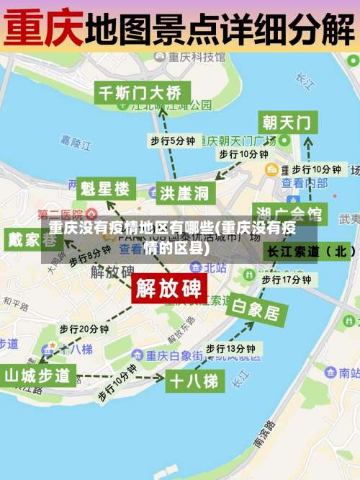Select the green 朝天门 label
tap(287, 121)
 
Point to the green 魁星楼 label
tap(105, 190)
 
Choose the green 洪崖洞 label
tap(184, 192)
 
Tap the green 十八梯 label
tap(192, 381)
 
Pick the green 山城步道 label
tap(37, 375)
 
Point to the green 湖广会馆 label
tap(289, 214)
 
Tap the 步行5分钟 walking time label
tap(172, 141)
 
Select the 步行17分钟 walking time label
tap(286, 279)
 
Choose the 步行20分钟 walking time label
tap(84, 329)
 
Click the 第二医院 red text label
tap(60, 215)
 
